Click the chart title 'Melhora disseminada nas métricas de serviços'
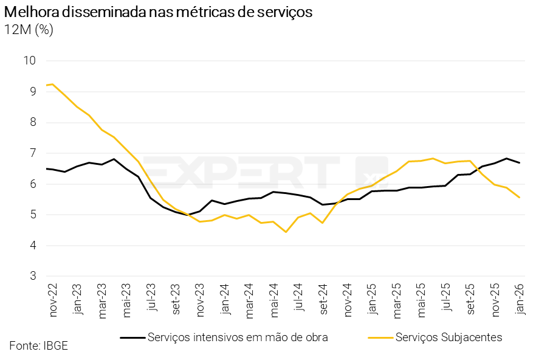tap(158, 12)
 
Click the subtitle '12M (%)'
tap(29, 30)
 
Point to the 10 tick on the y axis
tap(30, 60)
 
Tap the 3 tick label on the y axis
tap(33, 277)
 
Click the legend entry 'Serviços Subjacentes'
tap(448, 337)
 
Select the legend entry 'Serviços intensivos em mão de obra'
tap(238, 337)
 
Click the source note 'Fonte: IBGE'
tap(38, 346)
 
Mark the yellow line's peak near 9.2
tap(52, 84)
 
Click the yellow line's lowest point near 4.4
tap(286, 232)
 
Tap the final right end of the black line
tap(519, 162)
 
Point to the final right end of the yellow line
tap(519, 197)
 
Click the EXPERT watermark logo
tap(267, 172)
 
